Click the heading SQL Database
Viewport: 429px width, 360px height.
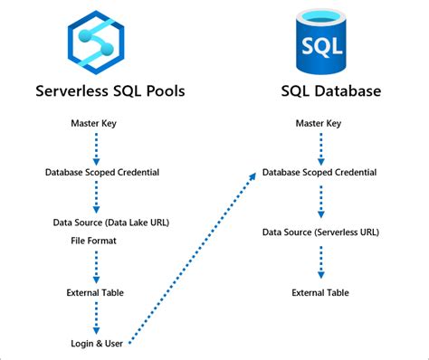(321, 91)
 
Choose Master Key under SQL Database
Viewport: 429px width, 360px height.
(320, 121)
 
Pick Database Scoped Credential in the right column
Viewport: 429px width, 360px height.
(320, 171)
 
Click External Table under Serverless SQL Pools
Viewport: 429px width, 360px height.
(95, 292)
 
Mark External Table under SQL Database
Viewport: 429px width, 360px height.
(320, 292)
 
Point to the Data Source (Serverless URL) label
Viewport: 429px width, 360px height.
(320, 232)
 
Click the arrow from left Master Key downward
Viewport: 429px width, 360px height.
(95, 146)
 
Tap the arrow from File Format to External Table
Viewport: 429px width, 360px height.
(95, 267)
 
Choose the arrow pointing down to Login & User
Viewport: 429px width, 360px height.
(95, 317)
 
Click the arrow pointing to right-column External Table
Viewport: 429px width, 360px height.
(320, 262)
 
